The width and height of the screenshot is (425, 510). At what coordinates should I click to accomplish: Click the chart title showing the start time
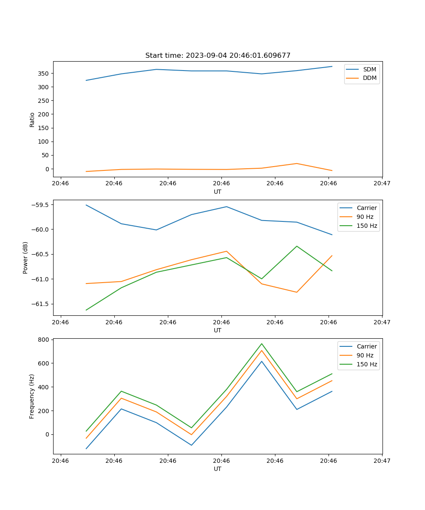tap(218, 56)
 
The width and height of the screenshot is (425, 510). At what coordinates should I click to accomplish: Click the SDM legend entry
tap(369, 69)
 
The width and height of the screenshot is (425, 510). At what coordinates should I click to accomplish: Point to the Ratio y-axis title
tap(32, 119)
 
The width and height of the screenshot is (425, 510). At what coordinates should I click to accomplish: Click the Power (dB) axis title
tap(25, 258)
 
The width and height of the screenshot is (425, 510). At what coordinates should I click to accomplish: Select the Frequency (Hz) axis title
tap(32, 396)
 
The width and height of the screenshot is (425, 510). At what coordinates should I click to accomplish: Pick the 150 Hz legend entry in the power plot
tap(367, 226)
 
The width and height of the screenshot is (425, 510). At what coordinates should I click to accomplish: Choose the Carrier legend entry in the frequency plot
tap(367, 346)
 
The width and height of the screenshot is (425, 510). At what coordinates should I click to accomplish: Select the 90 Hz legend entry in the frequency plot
tap(365, 355)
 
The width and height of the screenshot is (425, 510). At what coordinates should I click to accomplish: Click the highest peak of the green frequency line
tap(262, 343)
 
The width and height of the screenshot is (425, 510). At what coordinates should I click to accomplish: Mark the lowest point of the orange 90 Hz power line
tap(297, 292)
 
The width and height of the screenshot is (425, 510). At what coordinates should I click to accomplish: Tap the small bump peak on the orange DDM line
tap(297, 164)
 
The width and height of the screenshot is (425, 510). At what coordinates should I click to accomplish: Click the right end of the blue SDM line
tap(332, 66)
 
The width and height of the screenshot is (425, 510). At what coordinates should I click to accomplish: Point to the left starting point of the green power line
tap(86, 310)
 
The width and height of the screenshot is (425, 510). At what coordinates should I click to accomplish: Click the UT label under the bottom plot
tap(218, 469)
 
